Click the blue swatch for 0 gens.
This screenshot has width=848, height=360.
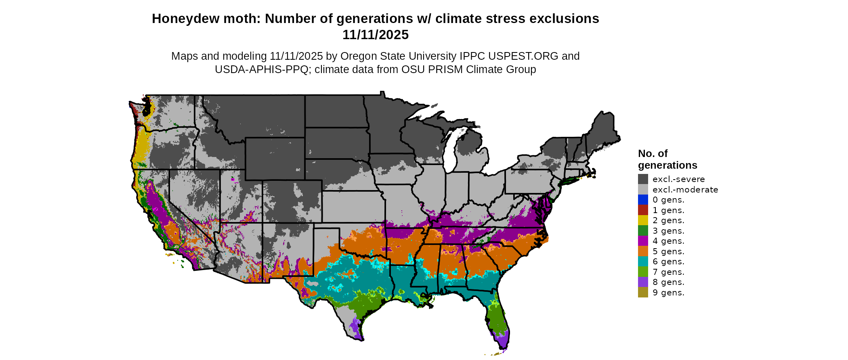(643, 200)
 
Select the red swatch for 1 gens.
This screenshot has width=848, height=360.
(643, 210)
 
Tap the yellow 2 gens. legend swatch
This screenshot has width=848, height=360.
(643, 220)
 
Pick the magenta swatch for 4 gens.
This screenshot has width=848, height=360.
(643, 241)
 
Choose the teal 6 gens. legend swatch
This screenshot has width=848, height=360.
(643, 262)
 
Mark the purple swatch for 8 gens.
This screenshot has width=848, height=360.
(643, 282)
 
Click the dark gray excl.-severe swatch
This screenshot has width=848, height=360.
(643, 179)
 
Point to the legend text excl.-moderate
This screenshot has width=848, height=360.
(685, 190)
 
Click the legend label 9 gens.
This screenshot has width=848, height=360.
(668, 293)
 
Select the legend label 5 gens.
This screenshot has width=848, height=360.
(668, 251)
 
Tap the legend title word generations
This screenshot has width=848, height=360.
(667, 165)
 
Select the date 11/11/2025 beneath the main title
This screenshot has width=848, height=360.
(376, 35)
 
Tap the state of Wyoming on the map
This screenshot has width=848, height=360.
(275, 158)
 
